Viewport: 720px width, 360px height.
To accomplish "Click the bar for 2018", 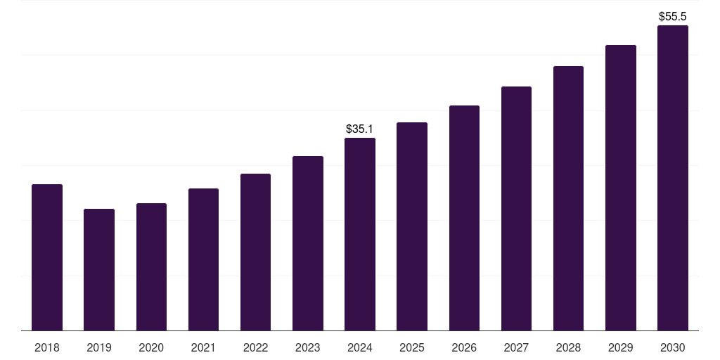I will point(47,257).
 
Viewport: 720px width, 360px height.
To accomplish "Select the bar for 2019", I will point(99,269).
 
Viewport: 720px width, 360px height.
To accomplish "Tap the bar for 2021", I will point(203,259).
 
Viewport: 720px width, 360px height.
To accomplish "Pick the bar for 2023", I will point(308,243).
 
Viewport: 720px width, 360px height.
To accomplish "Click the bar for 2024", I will point(360,234).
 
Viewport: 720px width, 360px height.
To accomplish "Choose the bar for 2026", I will point(464,218).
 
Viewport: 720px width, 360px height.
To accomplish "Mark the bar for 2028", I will point(568,198).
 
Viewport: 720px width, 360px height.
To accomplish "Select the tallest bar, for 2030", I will point(672,178).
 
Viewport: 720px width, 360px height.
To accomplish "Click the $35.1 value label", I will point(360,129).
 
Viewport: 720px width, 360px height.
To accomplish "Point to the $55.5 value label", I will point(672,16).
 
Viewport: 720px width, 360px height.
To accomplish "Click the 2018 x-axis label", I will point(47,347).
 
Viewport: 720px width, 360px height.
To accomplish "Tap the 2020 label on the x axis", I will point(151,347).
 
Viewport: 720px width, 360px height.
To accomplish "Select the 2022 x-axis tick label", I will point(255,347).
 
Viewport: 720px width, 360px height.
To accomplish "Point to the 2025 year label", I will point(412,347).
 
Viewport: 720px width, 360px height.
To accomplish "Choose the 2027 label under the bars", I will point(516,347).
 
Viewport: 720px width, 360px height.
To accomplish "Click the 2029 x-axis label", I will point(620,347).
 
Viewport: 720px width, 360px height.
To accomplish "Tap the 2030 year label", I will point(672,347).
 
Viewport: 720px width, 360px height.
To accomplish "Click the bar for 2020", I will point(151,266).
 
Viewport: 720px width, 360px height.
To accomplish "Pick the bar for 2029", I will point(620,188).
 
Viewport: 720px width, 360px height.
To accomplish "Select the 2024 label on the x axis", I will point(360,347).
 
